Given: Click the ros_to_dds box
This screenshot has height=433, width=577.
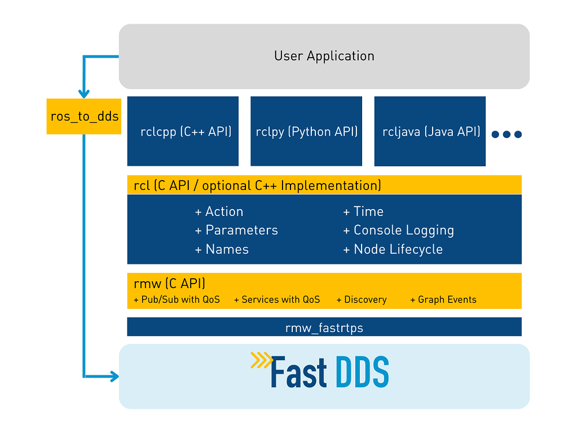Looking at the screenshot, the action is pyautogui.click(x=84, y=116).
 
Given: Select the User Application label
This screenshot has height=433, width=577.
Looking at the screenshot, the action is pyautogui.click(x=324, y=56).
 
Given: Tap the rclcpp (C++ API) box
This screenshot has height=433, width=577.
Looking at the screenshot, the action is pyautogui.click(x=183, y=131).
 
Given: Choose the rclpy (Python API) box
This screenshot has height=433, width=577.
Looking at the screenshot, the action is pyautogui.click(x=306, y=131).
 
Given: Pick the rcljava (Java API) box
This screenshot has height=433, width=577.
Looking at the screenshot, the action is pyautogui.click(x=430, y=131).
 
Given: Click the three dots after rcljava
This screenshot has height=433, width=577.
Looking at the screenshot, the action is pyautogui.click(x=507, y=135).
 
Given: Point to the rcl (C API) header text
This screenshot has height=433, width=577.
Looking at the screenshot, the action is pyautogui.click(x=257, y=185).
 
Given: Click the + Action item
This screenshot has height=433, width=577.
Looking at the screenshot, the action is pyautogui.click(x=219, y=211).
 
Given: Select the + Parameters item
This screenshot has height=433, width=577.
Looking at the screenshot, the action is pyautogui.click(x=236, y=230).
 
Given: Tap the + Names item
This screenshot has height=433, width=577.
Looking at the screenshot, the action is pyautogui.click(x=222, y=249).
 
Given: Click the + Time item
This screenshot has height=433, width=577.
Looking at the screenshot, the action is pyautogui.click(x=363, y=211).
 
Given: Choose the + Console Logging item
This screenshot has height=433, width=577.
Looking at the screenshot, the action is pyautogui.click(x=399, y=231).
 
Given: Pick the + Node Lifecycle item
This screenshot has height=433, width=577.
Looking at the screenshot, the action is pyautogui.click(x=393, y=249).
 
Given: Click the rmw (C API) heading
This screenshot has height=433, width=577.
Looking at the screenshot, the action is pyautogui.click(x=169, y=283).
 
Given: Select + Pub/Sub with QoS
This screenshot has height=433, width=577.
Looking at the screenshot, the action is pyautogui.click(x=177, y=300).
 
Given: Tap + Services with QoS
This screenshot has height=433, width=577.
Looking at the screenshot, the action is pyautogui.click(x=277, y=300).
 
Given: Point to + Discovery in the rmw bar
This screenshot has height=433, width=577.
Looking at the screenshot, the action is pyautogui.click(x=362, y=300).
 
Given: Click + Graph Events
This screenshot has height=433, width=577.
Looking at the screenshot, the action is pyautogui.click(x=444, y=300).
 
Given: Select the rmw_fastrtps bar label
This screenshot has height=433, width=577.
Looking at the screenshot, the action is pyautogui.click(x=324, y=328).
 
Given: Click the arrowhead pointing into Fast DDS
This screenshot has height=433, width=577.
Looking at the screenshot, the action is pyautogui.click(x=115, y=376).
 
